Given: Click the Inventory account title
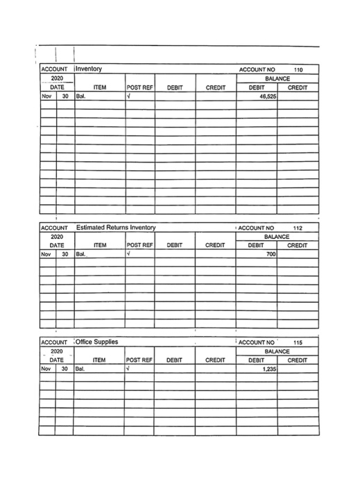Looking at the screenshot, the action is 89,69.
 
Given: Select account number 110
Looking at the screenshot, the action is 299,70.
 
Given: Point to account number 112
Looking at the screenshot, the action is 298,228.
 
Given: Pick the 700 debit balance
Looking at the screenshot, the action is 271,255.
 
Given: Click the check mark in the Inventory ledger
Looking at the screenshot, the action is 130,97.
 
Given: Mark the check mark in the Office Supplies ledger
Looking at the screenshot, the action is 130,369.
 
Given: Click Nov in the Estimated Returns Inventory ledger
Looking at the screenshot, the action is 46,255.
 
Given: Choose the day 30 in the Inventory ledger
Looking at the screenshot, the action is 65,97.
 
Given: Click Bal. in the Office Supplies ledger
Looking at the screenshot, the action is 82,369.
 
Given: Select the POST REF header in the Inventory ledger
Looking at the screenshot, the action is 139,88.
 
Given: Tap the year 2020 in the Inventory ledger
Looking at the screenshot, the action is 56,79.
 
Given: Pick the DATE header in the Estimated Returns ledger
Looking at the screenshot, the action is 56,245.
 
